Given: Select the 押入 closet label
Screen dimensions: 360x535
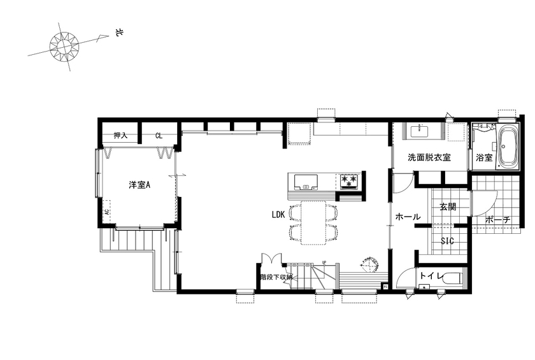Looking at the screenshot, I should pyautogui.click(x=121, y=136).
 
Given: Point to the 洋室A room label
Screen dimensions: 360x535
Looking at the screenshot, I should pyautogui.click(x=139, y=185).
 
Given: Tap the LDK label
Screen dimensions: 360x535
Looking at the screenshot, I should pyautogui.click(x=278, y=215).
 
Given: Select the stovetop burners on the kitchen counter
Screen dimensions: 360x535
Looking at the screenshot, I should pyautogui.click(x=349, y=180).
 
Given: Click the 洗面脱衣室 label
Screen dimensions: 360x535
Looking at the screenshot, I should pyautogui.click(x=429, y=157).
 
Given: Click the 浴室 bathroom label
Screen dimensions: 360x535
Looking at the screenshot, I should pyautogui.click(x=484, y=157).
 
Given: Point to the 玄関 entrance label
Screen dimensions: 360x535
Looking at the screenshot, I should pyautogui.click(x=448, y=206).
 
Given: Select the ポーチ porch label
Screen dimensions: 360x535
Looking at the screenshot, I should pyautogui.click(x=497, y=220).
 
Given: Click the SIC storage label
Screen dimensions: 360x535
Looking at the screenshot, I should pyautogui.click(x=447, y=241).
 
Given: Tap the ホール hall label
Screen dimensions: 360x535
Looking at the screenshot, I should pyautogui.click(x=408, y=217).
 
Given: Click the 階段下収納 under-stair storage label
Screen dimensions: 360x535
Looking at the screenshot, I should pyautogui.click(x=276, y=277).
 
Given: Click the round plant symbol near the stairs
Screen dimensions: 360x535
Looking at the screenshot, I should pyautogui.click(x=369, y=263).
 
